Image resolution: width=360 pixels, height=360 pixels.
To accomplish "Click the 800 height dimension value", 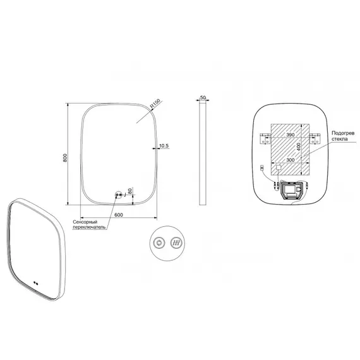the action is pos(65,158).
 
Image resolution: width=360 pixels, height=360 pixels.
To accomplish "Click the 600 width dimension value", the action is pos(119,215).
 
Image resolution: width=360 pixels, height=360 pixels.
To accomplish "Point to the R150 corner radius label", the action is pos(155,104).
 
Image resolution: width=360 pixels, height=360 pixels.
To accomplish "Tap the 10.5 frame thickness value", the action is pos(164,146).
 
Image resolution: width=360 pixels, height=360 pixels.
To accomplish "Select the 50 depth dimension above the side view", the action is pos(203,97).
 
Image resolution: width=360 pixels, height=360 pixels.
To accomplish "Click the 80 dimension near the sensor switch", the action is pos(130,191).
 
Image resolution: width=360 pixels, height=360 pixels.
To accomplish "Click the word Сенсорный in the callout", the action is pos(85,222).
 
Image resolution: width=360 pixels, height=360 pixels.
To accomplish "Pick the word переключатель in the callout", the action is pos(89,227).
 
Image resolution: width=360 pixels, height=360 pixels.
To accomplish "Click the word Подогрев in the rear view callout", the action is pos(343,133).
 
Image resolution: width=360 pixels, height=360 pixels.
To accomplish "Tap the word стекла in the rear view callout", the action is pos(340,139).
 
